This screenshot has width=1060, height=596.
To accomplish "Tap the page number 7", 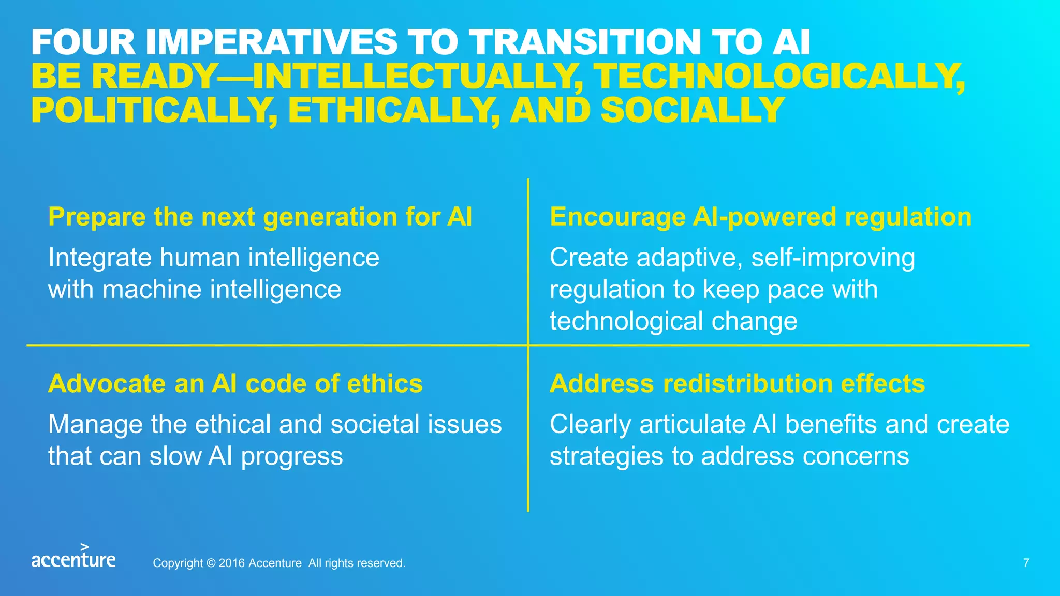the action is click(x=1026, y=563).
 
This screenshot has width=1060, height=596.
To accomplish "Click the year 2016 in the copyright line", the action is click(x=231, y=563).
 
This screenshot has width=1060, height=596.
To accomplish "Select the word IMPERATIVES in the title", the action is click(x=272, y=42).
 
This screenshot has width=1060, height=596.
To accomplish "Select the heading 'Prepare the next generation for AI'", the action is click(x=260, y=217).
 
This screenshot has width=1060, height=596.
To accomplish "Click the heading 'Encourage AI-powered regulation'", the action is click(x=760, y=217).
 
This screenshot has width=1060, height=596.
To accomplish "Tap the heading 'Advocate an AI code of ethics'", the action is click(x=235, y=384).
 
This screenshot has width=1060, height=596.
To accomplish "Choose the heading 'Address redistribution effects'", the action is click(x=737, y=384).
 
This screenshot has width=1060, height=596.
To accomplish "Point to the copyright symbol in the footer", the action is click(x=211, y=563).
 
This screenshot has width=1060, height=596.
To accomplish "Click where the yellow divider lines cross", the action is click(x=528, y=345).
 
